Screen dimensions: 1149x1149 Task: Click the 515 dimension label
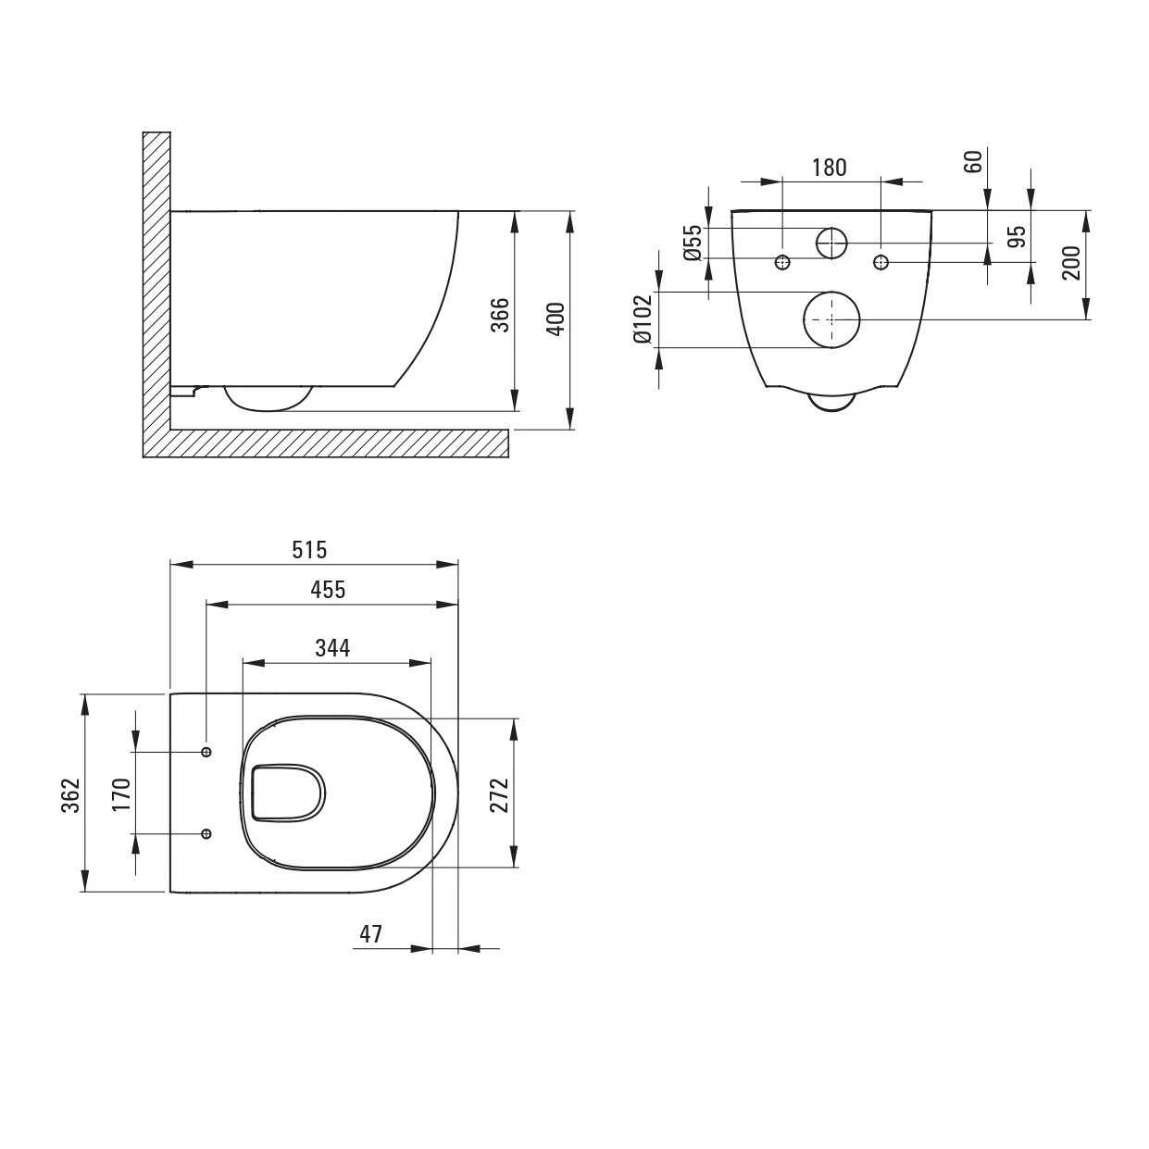click(309, 550)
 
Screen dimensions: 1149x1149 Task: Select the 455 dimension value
click(328, 590)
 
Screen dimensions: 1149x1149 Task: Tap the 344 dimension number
click(332, 647)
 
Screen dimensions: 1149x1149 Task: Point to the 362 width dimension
click(71, 794)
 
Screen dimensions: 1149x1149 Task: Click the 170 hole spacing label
click(121, 793)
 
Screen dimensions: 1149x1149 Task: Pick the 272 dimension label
click(499, 794)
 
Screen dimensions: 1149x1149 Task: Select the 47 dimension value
click(371, 934)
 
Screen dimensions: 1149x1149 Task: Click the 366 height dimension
click(500, 315)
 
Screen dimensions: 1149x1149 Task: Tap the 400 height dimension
click(556, 319)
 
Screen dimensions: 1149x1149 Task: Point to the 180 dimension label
click(830, 168)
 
